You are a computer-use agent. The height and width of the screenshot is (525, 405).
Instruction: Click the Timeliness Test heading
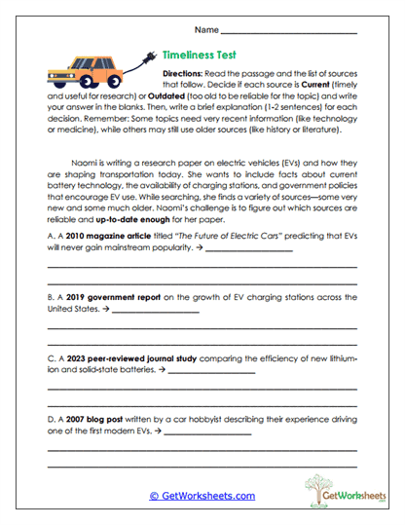click(x=201, y=56)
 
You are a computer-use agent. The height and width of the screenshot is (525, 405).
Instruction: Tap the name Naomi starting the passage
click(x=85, y=164)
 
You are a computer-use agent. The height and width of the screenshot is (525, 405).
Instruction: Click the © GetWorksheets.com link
click(x=202, y=495)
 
